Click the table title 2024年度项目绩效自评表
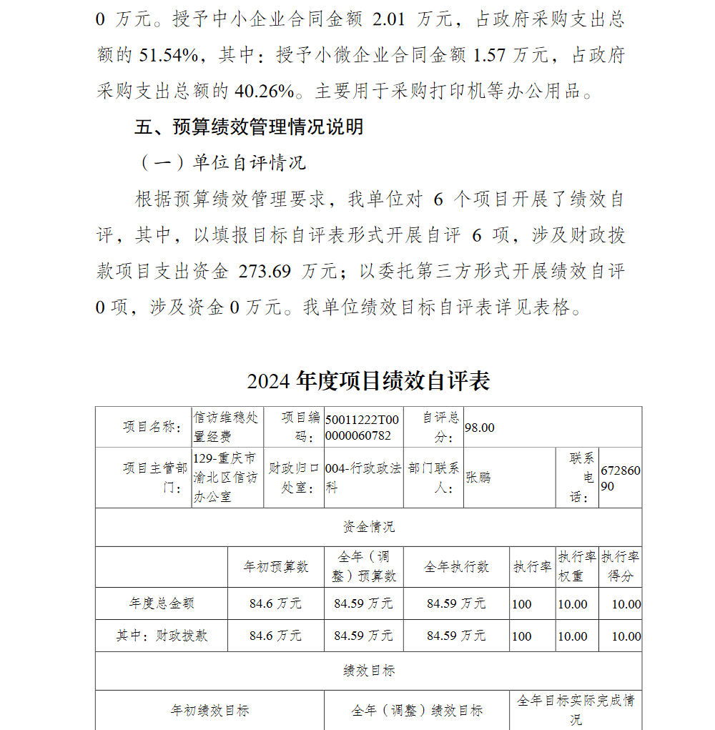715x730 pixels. click(368, 381)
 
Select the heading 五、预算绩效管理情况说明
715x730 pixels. click(249, 127)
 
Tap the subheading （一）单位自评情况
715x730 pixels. click(222, 163)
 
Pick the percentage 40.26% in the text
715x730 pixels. click(263, 92)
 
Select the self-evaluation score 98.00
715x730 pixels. click(480, 428)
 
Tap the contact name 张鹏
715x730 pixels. click(478, 477)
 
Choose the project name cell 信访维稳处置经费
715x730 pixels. click(227, 427)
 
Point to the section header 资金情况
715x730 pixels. click(368, 528)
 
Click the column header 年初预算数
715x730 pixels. click(275, 567)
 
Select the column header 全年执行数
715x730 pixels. click(456, 567)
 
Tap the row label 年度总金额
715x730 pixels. click(162, 603)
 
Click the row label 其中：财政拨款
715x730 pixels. click(162, 635)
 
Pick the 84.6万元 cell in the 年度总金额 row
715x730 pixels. click(275, 603)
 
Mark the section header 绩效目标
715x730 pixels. click(368, 671)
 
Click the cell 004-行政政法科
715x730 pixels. click(363, 478)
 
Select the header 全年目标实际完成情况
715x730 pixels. click(575, 709)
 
